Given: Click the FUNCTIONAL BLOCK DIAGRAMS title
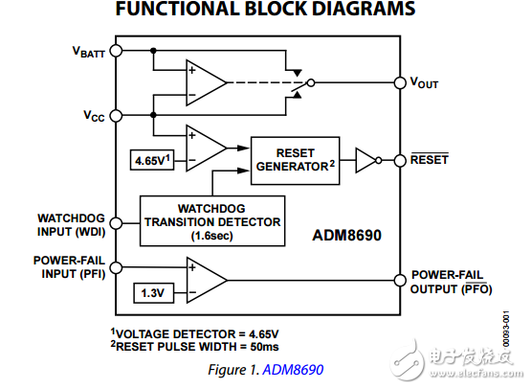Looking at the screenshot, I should pos(265,11).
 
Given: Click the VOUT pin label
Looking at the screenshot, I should pos(424,83).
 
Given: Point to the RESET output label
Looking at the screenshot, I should pos(429,159).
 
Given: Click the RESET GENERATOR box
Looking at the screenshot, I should pos(292,159).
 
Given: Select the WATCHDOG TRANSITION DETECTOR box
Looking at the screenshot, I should pos(212,220).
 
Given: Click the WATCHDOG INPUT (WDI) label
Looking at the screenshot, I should pos(70,223).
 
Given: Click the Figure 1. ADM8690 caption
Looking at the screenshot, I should pos(265,368).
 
